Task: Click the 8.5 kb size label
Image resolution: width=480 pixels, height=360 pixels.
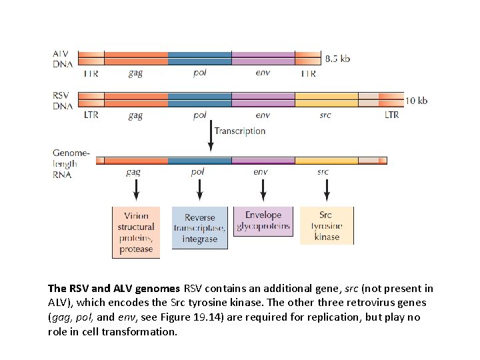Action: pyautogui.click(x=337, y=59)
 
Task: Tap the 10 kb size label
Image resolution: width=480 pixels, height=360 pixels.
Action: pyautogui.click(x=417, y=101)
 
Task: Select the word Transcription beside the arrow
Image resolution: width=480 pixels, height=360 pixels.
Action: pyautogui.click(x=240, y=131)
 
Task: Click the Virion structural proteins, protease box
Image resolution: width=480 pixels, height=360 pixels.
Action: pyautogui.click(x=136, y=232)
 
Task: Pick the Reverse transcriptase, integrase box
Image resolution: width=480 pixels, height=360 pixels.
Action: pyautogui.click(x=200, y=228)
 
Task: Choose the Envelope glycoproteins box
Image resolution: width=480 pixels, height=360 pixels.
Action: pyautogui.click(x=263, y=221)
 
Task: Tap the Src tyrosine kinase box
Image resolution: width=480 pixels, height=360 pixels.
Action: pyautogui.click(x=326, y=225)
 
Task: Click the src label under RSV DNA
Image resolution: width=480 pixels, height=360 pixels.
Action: pyautogui.click(x=325, y=115)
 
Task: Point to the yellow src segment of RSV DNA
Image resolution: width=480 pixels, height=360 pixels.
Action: pyautogui.click(x=327, y=100)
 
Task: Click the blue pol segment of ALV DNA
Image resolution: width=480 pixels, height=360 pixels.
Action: pyautogui.click(x=200, y=58)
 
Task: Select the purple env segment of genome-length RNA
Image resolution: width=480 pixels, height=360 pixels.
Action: pyautogui.click(x=263, y=161)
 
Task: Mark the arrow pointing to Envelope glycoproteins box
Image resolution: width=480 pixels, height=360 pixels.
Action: pyautogui.click(x=263, y=190)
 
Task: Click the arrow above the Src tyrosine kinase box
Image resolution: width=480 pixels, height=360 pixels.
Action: pyautogui.click(x=326, y=190)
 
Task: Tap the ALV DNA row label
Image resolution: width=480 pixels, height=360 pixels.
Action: pyautogui.click(x=63, y=59)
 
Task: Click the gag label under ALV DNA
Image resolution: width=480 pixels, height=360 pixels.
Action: pyautogui.click(x=135, y=73)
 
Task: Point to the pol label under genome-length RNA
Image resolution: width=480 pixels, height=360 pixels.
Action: pyautogui.click(x=198, y=172)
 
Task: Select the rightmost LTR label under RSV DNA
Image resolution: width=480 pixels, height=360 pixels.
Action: pyautogui.click(x=391, y=115)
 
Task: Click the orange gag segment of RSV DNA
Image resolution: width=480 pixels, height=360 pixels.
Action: pyautogui.click(x=136, y=100)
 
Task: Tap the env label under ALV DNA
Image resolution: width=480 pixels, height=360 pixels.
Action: pyautogui.click(x=263, y=73)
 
